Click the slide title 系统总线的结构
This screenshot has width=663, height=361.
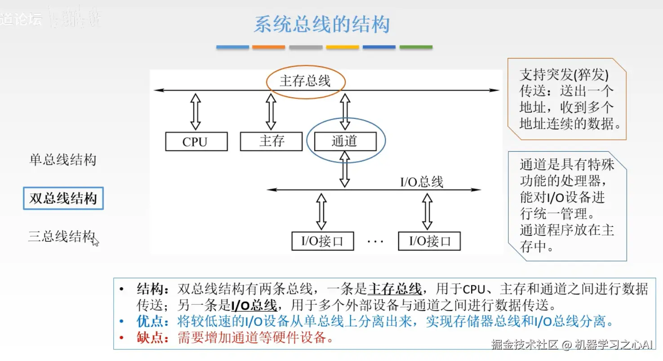click(x=321, y=25)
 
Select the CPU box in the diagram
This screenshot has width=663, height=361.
click(x=196, y=141)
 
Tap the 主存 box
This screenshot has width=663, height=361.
click(x=271, y=141)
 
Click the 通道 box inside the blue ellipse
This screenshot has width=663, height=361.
click(x=345, y=141)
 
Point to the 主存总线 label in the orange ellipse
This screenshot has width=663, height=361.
click(x=305, y=81)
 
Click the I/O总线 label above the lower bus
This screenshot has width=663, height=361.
click(x=421, y=182)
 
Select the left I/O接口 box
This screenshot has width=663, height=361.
click(x=322, y=241)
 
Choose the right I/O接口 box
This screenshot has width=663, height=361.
click(x=429, y=241)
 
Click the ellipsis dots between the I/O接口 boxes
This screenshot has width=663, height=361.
click(x=375, y=242)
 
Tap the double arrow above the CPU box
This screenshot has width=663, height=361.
click(x=196, y=112)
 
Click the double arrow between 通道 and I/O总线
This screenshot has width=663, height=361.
click(x=345, y=169)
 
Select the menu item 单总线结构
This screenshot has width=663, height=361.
click(x=63, y=160)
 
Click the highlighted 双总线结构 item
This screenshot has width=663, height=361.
click(x=63, y=199)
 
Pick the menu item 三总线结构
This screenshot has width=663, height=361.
click(x=61, y=236)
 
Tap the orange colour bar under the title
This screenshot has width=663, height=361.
click(x=268, y=47)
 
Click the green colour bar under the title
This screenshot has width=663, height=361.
click(x=416, y=47)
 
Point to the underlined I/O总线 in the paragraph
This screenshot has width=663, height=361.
click(x=254, y=305)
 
